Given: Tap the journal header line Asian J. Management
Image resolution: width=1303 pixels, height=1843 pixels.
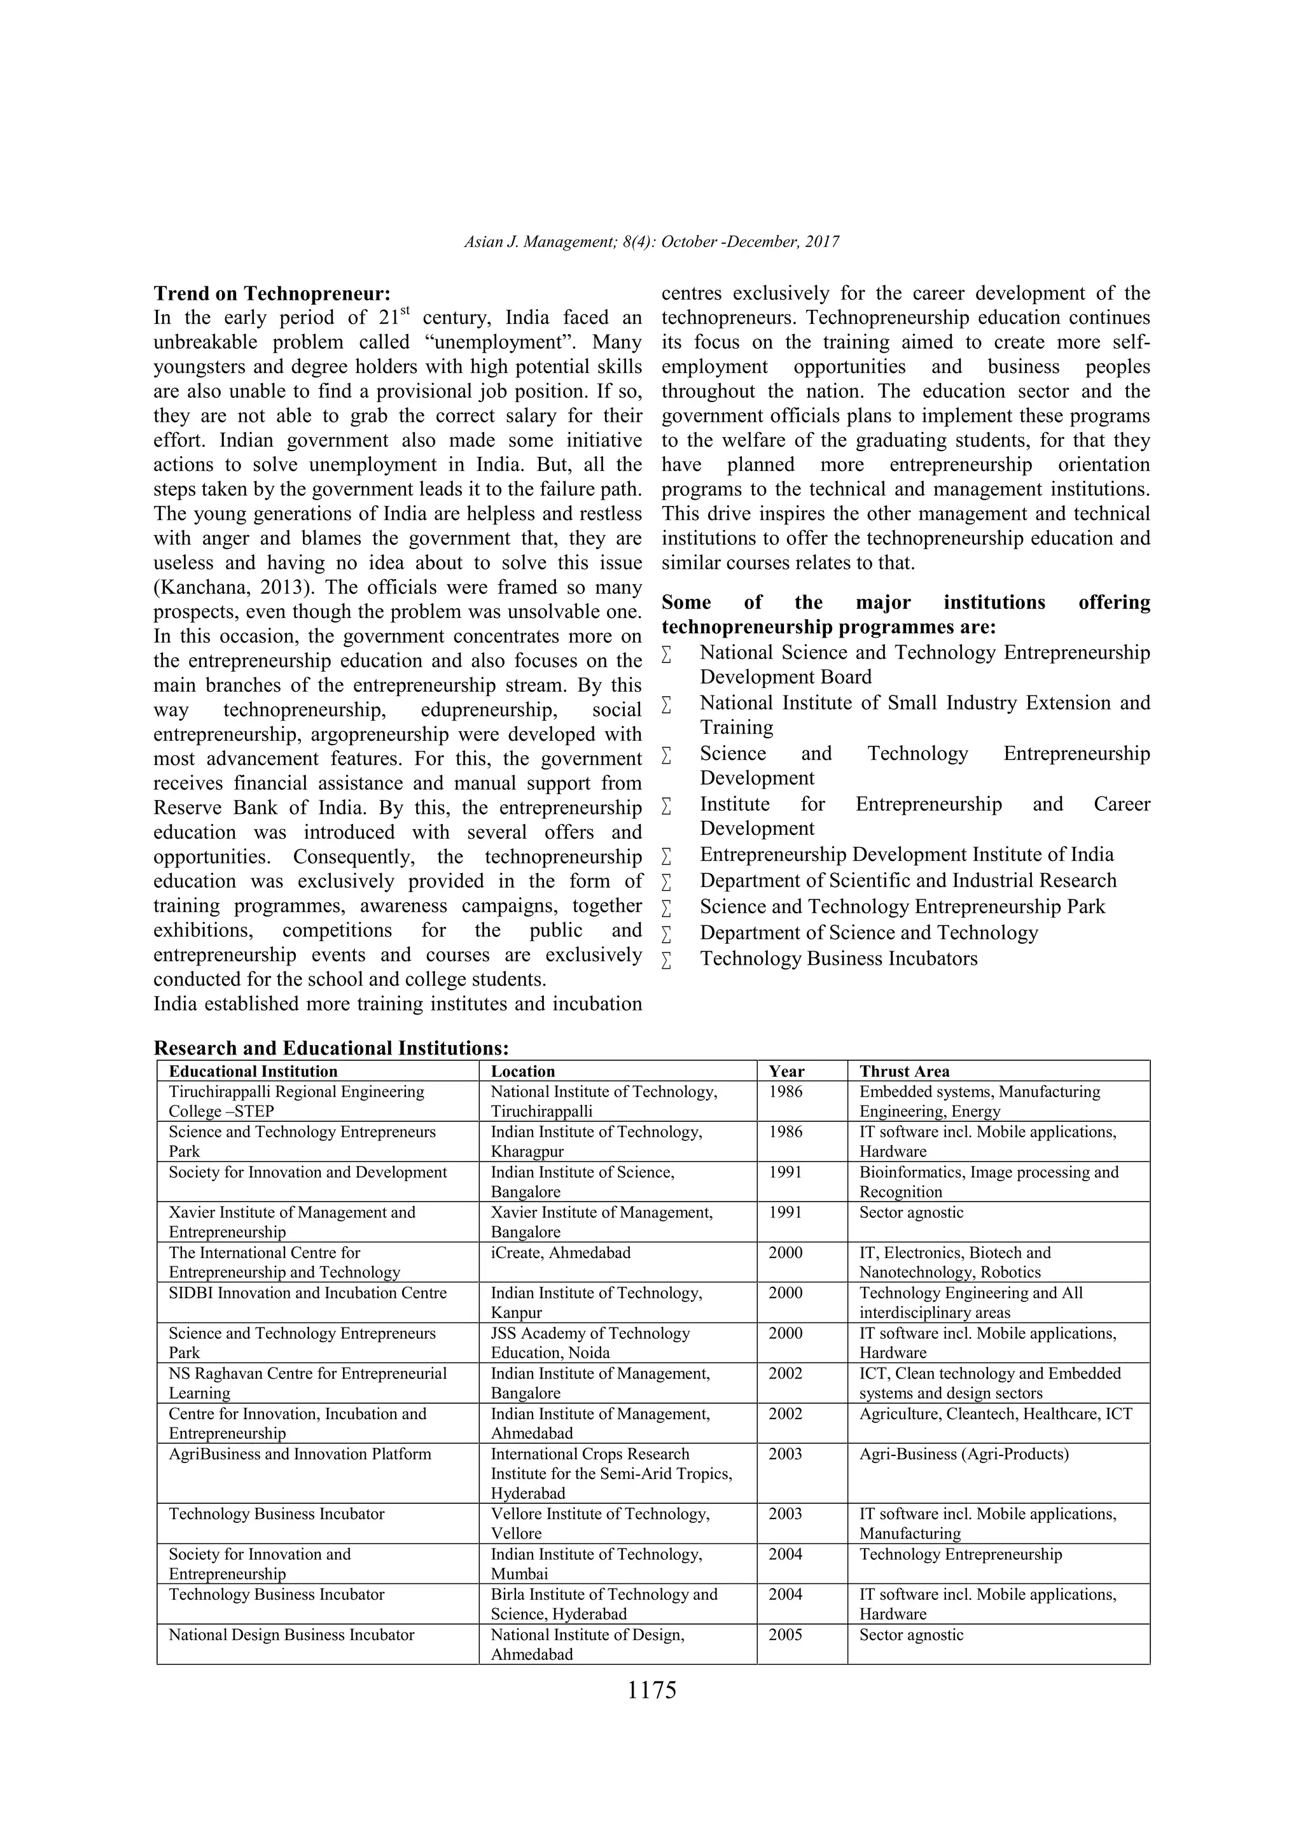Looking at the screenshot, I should tap(651, 242).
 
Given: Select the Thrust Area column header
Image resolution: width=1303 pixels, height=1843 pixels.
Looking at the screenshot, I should tap(903, 1072).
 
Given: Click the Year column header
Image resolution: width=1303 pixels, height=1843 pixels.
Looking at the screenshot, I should tap(786, 1072).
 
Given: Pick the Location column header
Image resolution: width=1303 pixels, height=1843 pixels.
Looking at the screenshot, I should tap(522, 1072).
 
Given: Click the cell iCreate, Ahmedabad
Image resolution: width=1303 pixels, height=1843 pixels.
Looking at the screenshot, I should tap(561, 1252).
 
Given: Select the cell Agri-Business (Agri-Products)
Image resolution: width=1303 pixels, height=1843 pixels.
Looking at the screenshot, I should tap(964, 1454).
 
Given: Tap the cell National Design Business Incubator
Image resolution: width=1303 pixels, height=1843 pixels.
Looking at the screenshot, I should tap(291, 1634).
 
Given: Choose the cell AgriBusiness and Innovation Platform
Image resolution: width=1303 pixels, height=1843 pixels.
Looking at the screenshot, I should tap(299, 1454).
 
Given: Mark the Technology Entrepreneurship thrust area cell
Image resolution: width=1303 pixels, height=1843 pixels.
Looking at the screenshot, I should tap(961, 1554).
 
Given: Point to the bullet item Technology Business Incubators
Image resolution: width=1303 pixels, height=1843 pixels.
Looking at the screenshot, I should tap(839, 958).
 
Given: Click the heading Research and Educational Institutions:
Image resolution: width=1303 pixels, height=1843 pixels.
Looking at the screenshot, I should tap(331, 1048).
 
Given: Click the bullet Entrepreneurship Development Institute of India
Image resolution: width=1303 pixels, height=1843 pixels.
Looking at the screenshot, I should tap(906, 854).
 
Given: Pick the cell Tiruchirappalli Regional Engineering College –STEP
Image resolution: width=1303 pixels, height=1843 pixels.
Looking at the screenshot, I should tap(296, 1102).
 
